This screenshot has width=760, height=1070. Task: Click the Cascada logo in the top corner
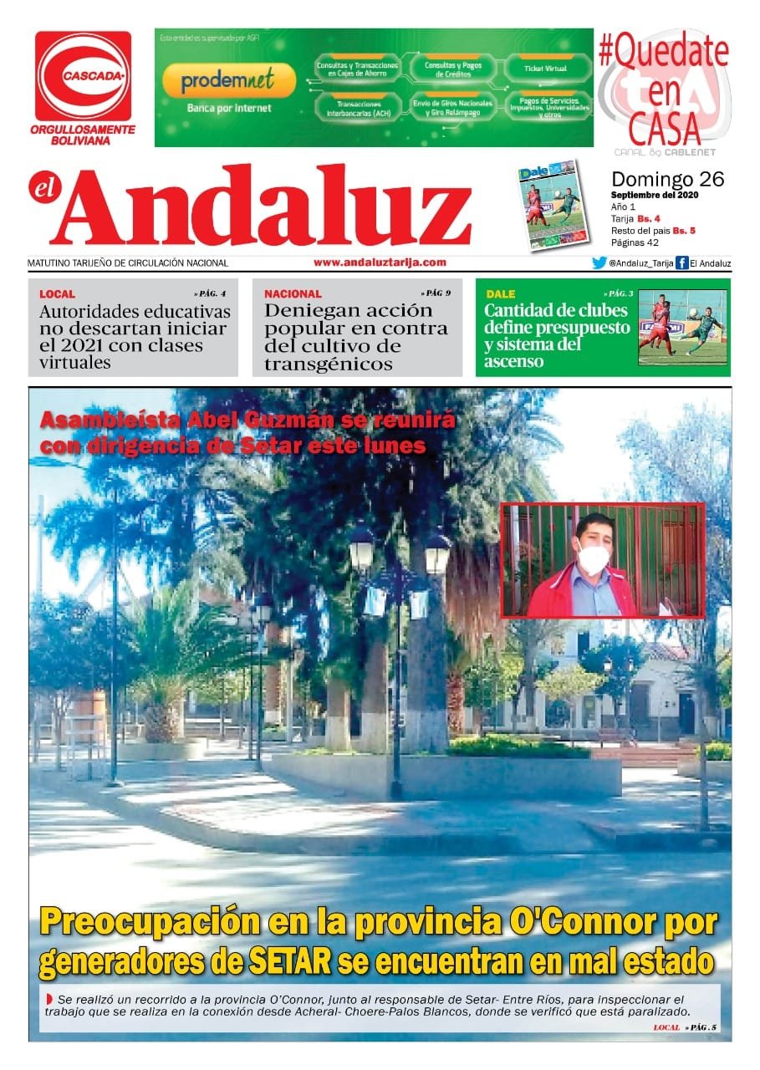coord(84,76)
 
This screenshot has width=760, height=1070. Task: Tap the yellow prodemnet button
coord(228,80)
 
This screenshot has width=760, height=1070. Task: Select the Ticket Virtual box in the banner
coord(544,68)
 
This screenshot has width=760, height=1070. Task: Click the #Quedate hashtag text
coord(663,53)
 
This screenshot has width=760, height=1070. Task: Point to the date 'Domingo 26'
coord(667,179)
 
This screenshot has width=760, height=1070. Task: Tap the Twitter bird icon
coord(599,263)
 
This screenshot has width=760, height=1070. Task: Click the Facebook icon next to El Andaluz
coord(681,263)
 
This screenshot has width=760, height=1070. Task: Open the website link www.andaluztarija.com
coord(380,262)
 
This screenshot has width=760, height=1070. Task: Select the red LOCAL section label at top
coord(57,294)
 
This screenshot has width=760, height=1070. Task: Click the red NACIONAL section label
coord(293,294)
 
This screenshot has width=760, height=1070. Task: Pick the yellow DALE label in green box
coord(500,294)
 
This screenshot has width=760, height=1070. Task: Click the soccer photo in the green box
coord(682,328)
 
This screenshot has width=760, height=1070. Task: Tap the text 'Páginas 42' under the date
coord(635,242)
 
